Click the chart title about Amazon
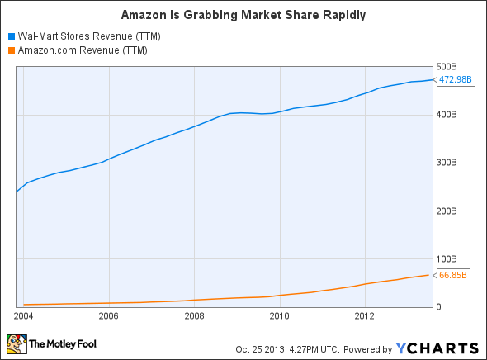click(243, 15)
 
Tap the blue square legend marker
click(11, 36)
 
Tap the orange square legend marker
click(11, 50)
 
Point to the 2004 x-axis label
click(23, 315)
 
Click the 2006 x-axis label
click(108, 315)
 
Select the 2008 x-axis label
click(194, 315)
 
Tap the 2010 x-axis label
click(280, 315)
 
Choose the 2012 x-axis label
click(366, 315)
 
